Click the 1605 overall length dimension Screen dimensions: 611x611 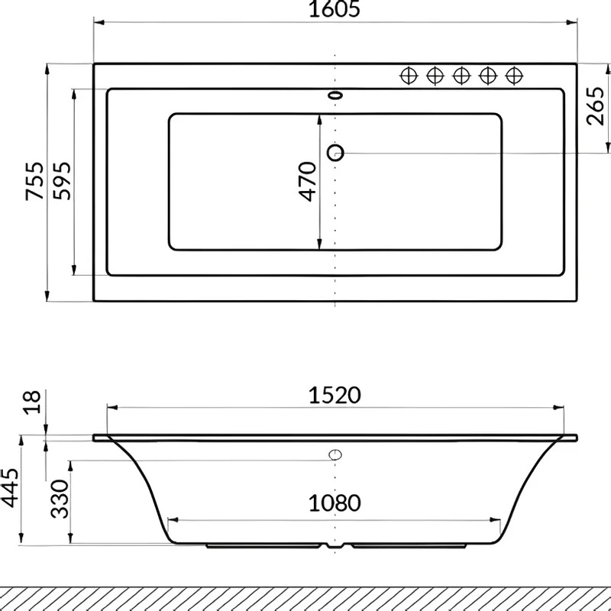pyautogui.click(x=335, y=9)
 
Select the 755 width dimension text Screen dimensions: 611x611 pyautogui.click(x=34, y=181)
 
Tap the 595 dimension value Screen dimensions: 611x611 pyautogui.click(x=63, y=181)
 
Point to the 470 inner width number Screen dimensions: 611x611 pyautogui.click(x=308, y=181)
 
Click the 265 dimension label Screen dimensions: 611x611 pyautogui.click(x=596, y=106)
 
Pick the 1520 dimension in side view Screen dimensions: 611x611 pyautogui.click(x=335, y=395)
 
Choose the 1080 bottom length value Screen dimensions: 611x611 pyautogui.click(x=335, y=503)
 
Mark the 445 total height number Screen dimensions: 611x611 pyautogui.click(x=9, y=487)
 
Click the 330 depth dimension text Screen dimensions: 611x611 pyautogui.click(x=60, y=499)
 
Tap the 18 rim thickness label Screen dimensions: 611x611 pyautogui.click(x=32, y=402)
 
